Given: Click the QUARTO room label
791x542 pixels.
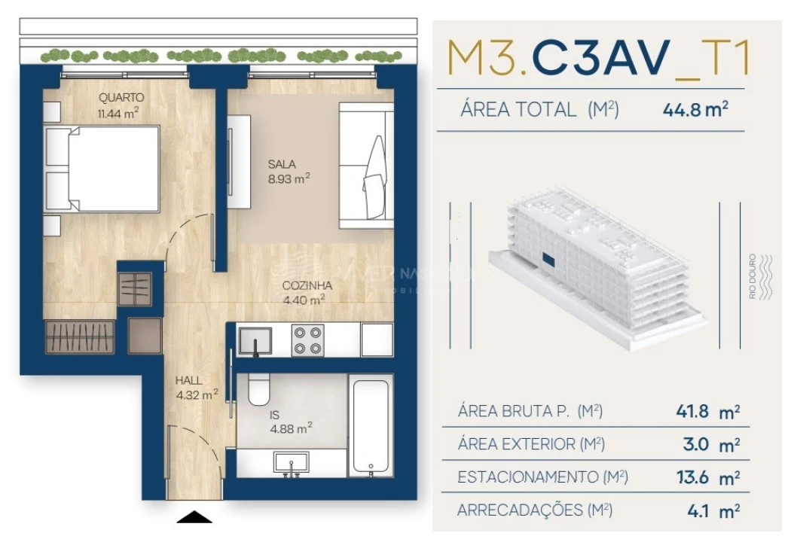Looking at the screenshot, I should [x=121, y=98].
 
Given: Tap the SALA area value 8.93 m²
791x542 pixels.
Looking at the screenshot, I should [x=289, y=178].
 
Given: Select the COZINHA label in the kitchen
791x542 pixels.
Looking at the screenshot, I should [x=304, y=285].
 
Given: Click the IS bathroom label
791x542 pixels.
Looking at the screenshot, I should [x=275, y=414].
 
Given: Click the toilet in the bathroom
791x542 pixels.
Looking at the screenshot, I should [x=258, y=388].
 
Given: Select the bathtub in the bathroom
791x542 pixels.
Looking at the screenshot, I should [x=370, y=425].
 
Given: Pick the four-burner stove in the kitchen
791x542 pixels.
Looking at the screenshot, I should [x=307, y=340].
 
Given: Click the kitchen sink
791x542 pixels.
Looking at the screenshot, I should [x=255, y=340].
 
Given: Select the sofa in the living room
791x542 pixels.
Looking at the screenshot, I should [x=366, y=166].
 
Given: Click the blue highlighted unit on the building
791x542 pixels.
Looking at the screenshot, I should [x=548, y=260].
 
